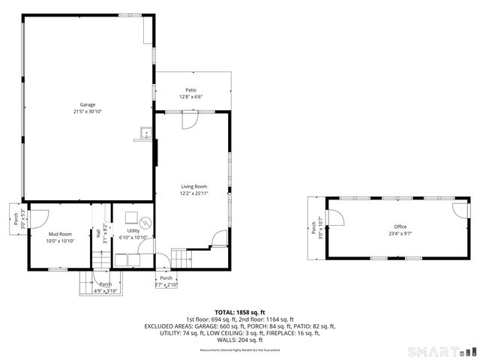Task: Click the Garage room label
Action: [88, 104]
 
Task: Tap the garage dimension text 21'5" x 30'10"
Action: [88, 111]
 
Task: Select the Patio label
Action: [191, 90]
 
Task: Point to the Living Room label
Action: [193, 186]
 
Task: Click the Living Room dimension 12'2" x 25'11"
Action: [193, 193]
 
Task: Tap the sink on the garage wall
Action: [145, 135]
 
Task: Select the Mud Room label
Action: [60, 234]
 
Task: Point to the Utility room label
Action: [133, 230]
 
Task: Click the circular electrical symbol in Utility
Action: [146, 222]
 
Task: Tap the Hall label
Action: [98, 233]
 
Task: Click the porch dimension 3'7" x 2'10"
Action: [166, 285]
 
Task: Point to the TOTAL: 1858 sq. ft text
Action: [240, 312]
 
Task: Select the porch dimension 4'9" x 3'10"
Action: [105, 291]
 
